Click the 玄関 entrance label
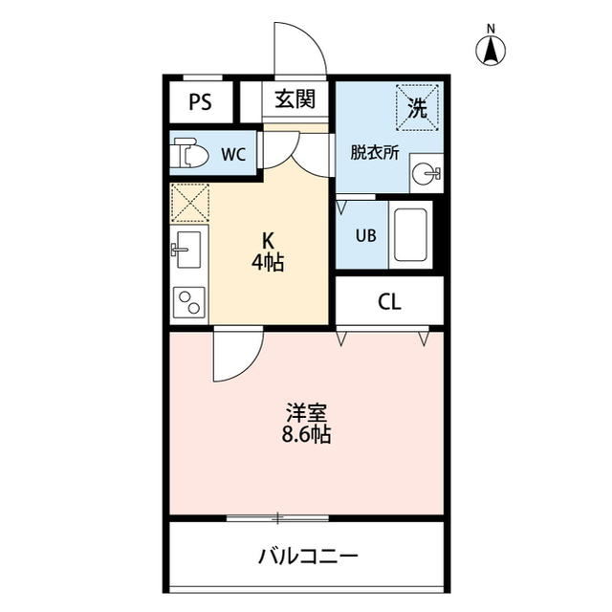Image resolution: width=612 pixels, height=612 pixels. pyautogui.click(x=295, y=98)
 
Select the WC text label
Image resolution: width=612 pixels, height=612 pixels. pyautogui.click(x=234, y=152)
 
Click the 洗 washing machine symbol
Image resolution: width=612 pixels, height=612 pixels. pyautogui.click(x=418, y=106)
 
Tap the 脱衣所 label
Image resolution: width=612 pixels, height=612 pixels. pyautogui.click(x=374, y=151)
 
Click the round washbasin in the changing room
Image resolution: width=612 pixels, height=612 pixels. pyautogui.click(x=425, y=174)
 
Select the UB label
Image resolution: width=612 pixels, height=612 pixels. pyautogui.click(x=365, y=236)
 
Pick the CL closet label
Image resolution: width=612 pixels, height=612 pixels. pyautogui.click(x=388, y=303)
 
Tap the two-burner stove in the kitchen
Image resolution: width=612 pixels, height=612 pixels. pyautogui.click(x=188, y=303)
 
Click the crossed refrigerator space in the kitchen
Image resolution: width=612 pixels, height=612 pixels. pyautogui.click(x=188, y=201)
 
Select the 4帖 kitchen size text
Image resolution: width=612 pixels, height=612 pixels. pyautogui.click(x=269, y=262)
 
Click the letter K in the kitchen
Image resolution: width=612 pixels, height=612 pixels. pyautogui.click(x=269, y=241)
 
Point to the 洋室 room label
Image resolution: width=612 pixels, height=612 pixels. pyautogui.click(x=307, y=413)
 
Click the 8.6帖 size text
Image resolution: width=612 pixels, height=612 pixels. pyautogui.click(x=307, y=436)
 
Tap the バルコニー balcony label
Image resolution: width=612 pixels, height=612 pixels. pyautogui.click(x=307, y=557)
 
